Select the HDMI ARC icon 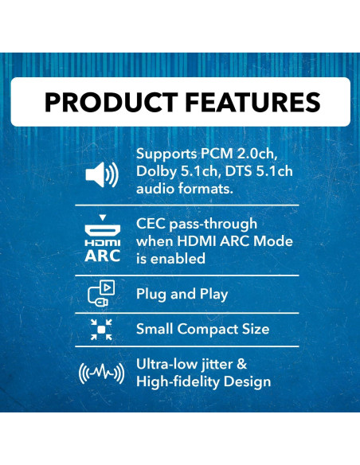coord(103,240)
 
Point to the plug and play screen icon coord(101,294)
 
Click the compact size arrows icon coord(101,329)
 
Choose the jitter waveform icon coord(100,373)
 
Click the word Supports coord(166,154)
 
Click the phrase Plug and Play coord(182,294)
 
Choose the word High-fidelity coord(182,382)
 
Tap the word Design coord(251,382)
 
